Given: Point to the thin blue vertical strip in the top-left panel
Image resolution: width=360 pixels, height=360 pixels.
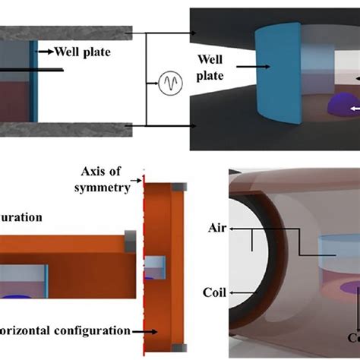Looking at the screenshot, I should click(x=32, y=80).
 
